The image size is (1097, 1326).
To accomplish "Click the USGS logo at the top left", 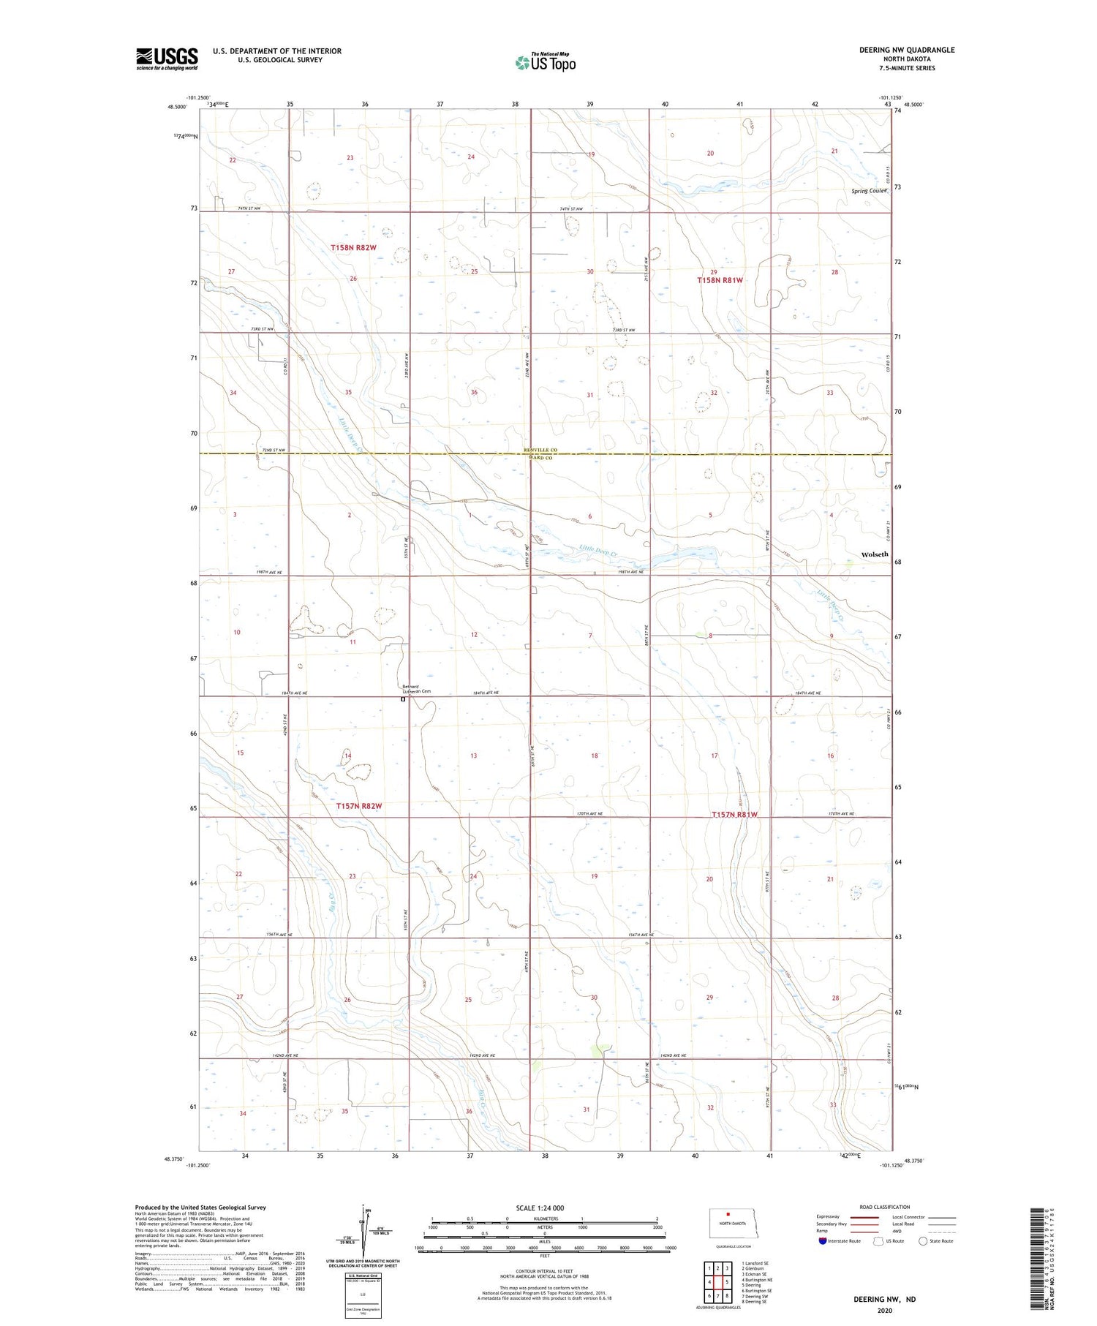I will click(167, 59).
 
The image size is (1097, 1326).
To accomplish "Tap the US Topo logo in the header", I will click(546, 63).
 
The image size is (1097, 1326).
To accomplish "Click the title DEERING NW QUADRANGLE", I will click(907, 50).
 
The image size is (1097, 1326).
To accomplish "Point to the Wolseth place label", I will click(875, 554).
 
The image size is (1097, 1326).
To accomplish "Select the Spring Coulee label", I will click(869, 191).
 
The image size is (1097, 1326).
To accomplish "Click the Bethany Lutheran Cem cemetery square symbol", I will click(403, 699).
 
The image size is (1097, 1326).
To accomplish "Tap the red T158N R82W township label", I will click(353, 248).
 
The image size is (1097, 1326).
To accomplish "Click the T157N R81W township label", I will click(735, 815).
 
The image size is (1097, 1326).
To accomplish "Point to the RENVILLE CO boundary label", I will click(540, 451).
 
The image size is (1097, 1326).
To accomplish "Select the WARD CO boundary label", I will click(540, 458).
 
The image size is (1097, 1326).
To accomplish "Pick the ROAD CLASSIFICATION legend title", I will click(885, 1207).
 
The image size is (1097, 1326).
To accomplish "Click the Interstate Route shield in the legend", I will click(823, 1241).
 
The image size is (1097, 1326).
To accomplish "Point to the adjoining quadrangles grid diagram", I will click(718, 1281).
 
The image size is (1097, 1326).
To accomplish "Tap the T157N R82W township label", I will click(359, 806).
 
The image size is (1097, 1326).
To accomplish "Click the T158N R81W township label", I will click(720, 280).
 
